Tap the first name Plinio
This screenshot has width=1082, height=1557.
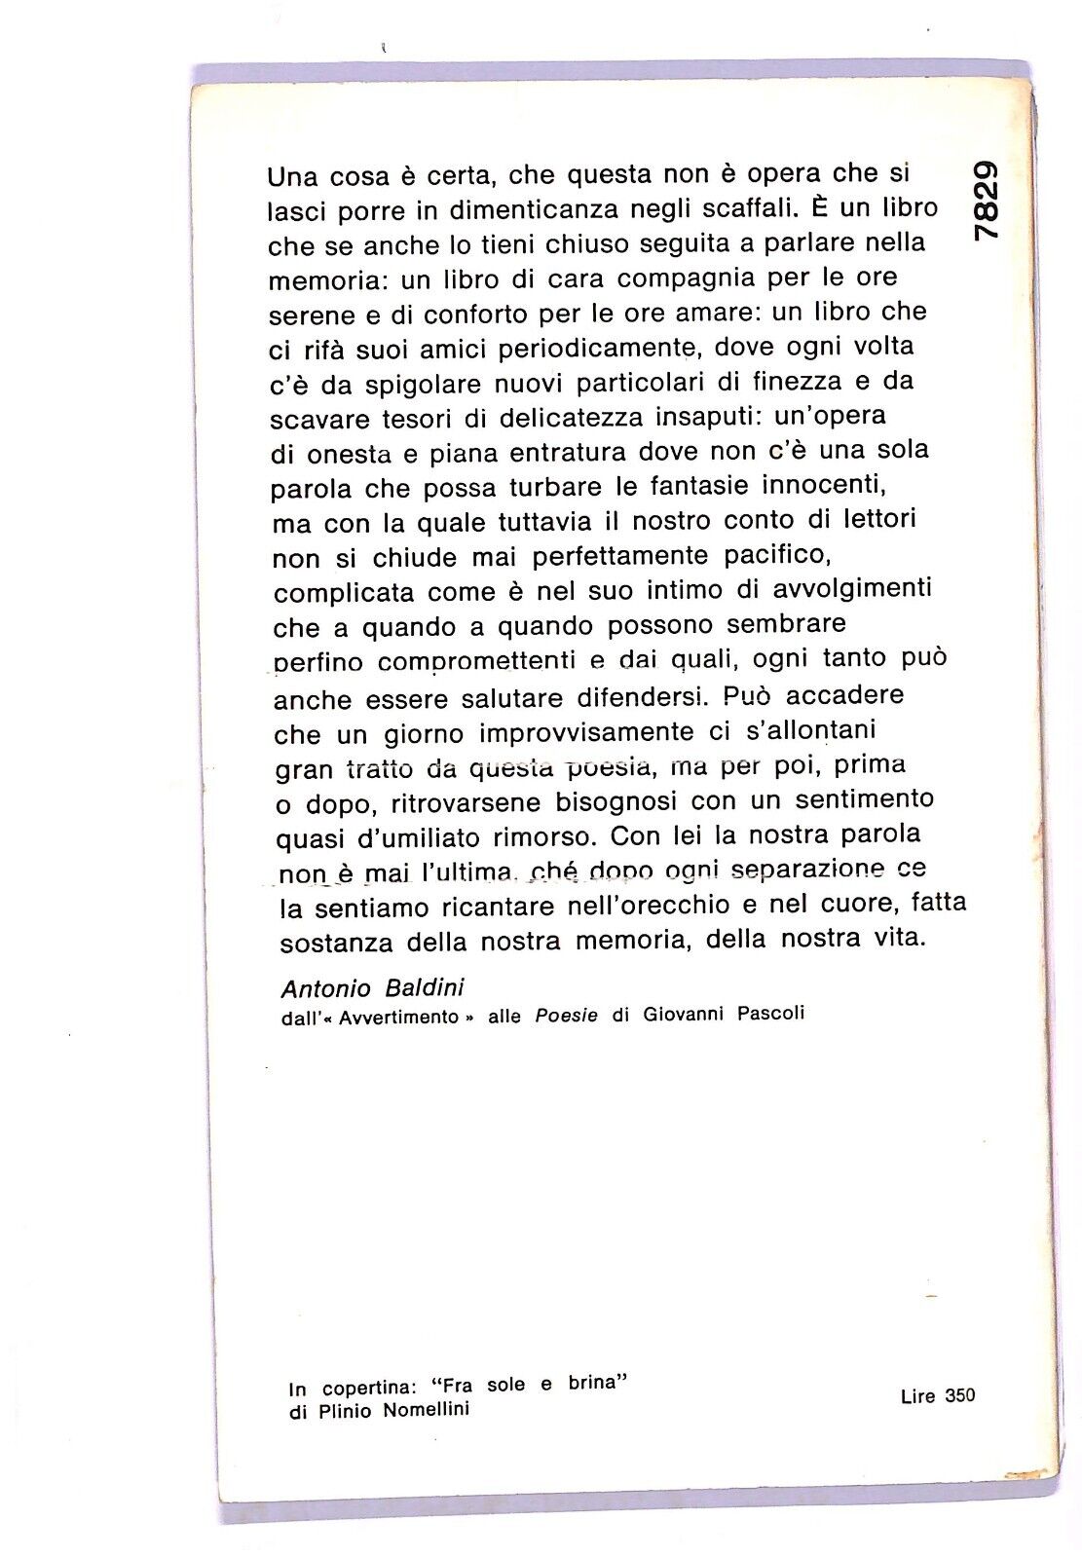(x=342, y=1412)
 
